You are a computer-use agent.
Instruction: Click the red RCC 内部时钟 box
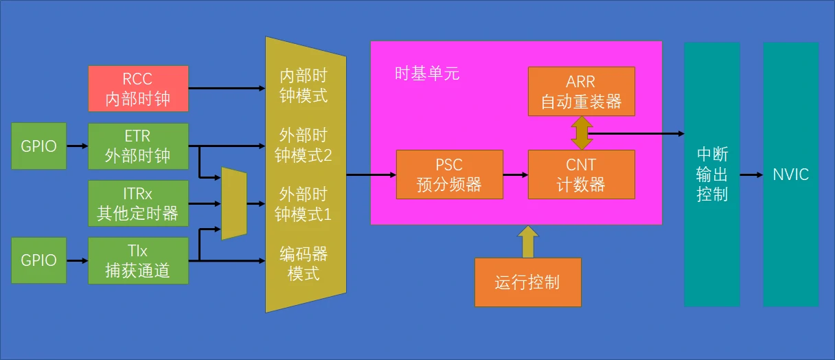pos(138,89)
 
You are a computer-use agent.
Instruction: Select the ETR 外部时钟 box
pos(138,146)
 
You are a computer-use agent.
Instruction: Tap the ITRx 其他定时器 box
pos(138,203)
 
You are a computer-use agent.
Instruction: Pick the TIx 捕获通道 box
pos(138,261)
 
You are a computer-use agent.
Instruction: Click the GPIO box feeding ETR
pos(38,146)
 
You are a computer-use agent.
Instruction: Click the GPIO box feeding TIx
pos(38,261)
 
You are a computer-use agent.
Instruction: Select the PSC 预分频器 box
pos(449,175)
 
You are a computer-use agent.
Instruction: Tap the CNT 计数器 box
pos(581,175)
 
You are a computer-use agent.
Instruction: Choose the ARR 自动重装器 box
pos(581,91)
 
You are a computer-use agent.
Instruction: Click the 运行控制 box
pos(527,282)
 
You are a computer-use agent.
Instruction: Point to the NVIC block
pos(790,175)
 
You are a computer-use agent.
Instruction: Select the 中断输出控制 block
pos(711,175)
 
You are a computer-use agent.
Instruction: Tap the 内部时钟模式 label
pos(304,85)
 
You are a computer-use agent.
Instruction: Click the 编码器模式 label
pos(304,264)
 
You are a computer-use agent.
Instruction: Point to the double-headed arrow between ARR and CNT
pos(581,133)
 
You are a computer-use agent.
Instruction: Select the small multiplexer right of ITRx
pos(233,203)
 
